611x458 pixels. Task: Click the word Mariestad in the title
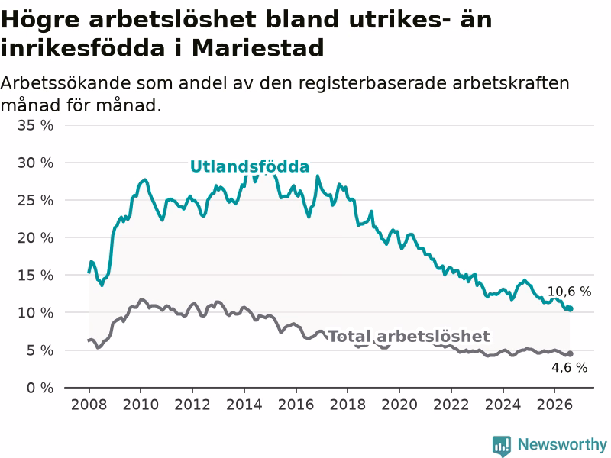tap(257, 48)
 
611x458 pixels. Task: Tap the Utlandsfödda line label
tap(250, 166)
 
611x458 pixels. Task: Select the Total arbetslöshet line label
tap(409, 336)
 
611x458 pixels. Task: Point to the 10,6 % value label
tap(569, 292)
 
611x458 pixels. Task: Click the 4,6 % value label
tap(569, 367)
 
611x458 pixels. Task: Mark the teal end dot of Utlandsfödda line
tap(571, 309)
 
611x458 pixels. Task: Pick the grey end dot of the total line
tap(571, 353)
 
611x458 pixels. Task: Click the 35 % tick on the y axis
tap(35, 125)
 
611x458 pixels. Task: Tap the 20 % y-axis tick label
tap(35, 237)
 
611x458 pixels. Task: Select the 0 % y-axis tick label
tap(40, 388)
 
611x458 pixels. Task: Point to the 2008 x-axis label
tap(89, 405)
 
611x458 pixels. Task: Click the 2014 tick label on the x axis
tap(244, 405)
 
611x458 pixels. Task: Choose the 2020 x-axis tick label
tap(399, 405)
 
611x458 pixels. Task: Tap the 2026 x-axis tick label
tap(554, 405)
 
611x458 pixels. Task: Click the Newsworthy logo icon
tap(502, 445)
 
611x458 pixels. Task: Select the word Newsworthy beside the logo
tap(562, 444)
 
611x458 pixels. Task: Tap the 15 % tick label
tap(35, 275)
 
